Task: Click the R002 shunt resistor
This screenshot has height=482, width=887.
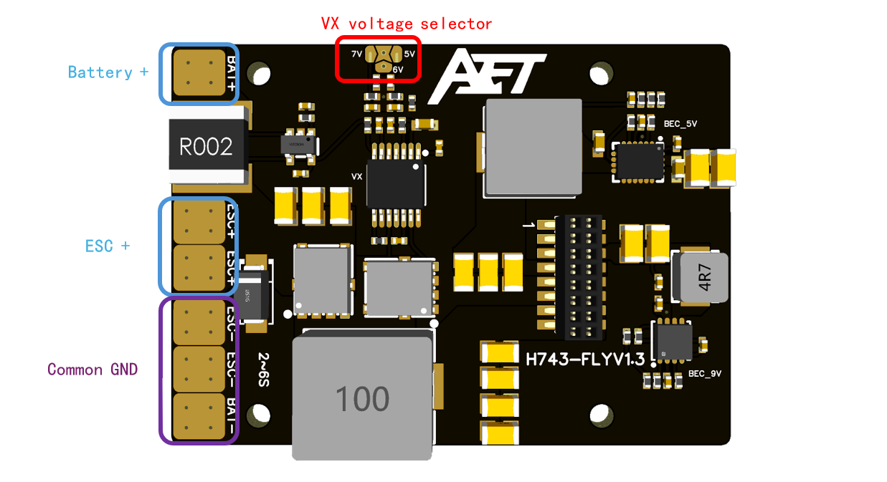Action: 207,147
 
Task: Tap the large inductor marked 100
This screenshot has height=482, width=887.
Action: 362,398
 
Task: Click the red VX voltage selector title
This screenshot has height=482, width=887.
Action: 407,24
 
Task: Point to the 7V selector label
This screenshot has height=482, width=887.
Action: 356,54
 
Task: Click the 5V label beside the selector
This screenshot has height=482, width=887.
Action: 409,54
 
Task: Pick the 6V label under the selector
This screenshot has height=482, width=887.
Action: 398,69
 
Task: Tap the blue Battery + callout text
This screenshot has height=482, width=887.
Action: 108,72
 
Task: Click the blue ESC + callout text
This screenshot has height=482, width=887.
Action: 108,246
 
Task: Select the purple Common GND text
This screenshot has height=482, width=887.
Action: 93,370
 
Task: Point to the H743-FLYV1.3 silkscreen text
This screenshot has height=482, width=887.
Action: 585,358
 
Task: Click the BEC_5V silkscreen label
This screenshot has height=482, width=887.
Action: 680,124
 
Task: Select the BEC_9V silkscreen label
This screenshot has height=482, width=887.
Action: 705,373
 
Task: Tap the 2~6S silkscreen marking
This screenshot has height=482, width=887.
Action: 263,370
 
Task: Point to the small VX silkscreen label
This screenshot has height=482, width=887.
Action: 356,176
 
